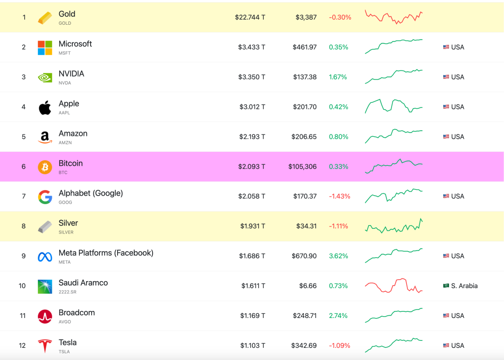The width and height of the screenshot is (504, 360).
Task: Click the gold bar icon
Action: [x=45, y=18]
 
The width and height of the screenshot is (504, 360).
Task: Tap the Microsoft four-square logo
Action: [x=45, y=48]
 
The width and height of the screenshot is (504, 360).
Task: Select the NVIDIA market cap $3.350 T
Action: [x=252, y=77]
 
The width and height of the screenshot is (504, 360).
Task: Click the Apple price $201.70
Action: [x=305, y=107]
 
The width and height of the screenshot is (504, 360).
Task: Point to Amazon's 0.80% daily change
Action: [x=338, y=137]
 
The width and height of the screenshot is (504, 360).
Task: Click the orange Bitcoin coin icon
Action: [x=45, y=167]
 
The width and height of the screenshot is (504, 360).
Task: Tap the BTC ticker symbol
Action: [x=63, y=172]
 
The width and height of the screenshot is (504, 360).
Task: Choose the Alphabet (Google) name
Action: [x=91, y=193]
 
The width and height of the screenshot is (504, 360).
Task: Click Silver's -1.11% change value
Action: [x=338, y=226]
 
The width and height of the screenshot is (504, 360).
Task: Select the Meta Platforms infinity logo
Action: [x=45, y=257]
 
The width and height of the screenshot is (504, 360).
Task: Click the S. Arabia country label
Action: [x=464, y=286]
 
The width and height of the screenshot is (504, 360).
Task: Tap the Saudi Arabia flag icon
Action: [x=446, y=286]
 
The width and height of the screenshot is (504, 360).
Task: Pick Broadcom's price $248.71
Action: [x=305, y=316]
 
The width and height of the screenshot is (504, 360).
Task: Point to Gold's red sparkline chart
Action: [x=394, y=17]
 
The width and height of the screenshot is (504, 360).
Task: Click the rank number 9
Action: [x=23, y=256]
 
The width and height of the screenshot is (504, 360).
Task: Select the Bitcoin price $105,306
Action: [x=302, y=167]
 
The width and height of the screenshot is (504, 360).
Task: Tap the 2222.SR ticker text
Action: [x=68, y=292]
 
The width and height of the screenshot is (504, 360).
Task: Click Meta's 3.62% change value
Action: [x=338, y=256]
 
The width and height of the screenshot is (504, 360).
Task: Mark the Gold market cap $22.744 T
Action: [x=250, y=17]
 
